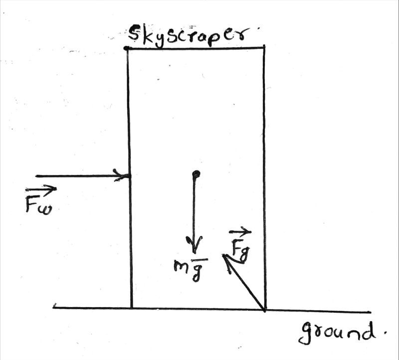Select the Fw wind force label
coord(40,201)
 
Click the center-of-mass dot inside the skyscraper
coord(196,174)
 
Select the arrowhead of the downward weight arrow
coord(195,247)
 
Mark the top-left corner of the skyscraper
coord(127,48)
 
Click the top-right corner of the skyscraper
coord(263,48)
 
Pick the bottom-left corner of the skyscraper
coord(131,308)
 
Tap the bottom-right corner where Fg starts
coord(265,309)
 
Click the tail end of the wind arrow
coord(37,176)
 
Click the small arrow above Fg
coord(240,232)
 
